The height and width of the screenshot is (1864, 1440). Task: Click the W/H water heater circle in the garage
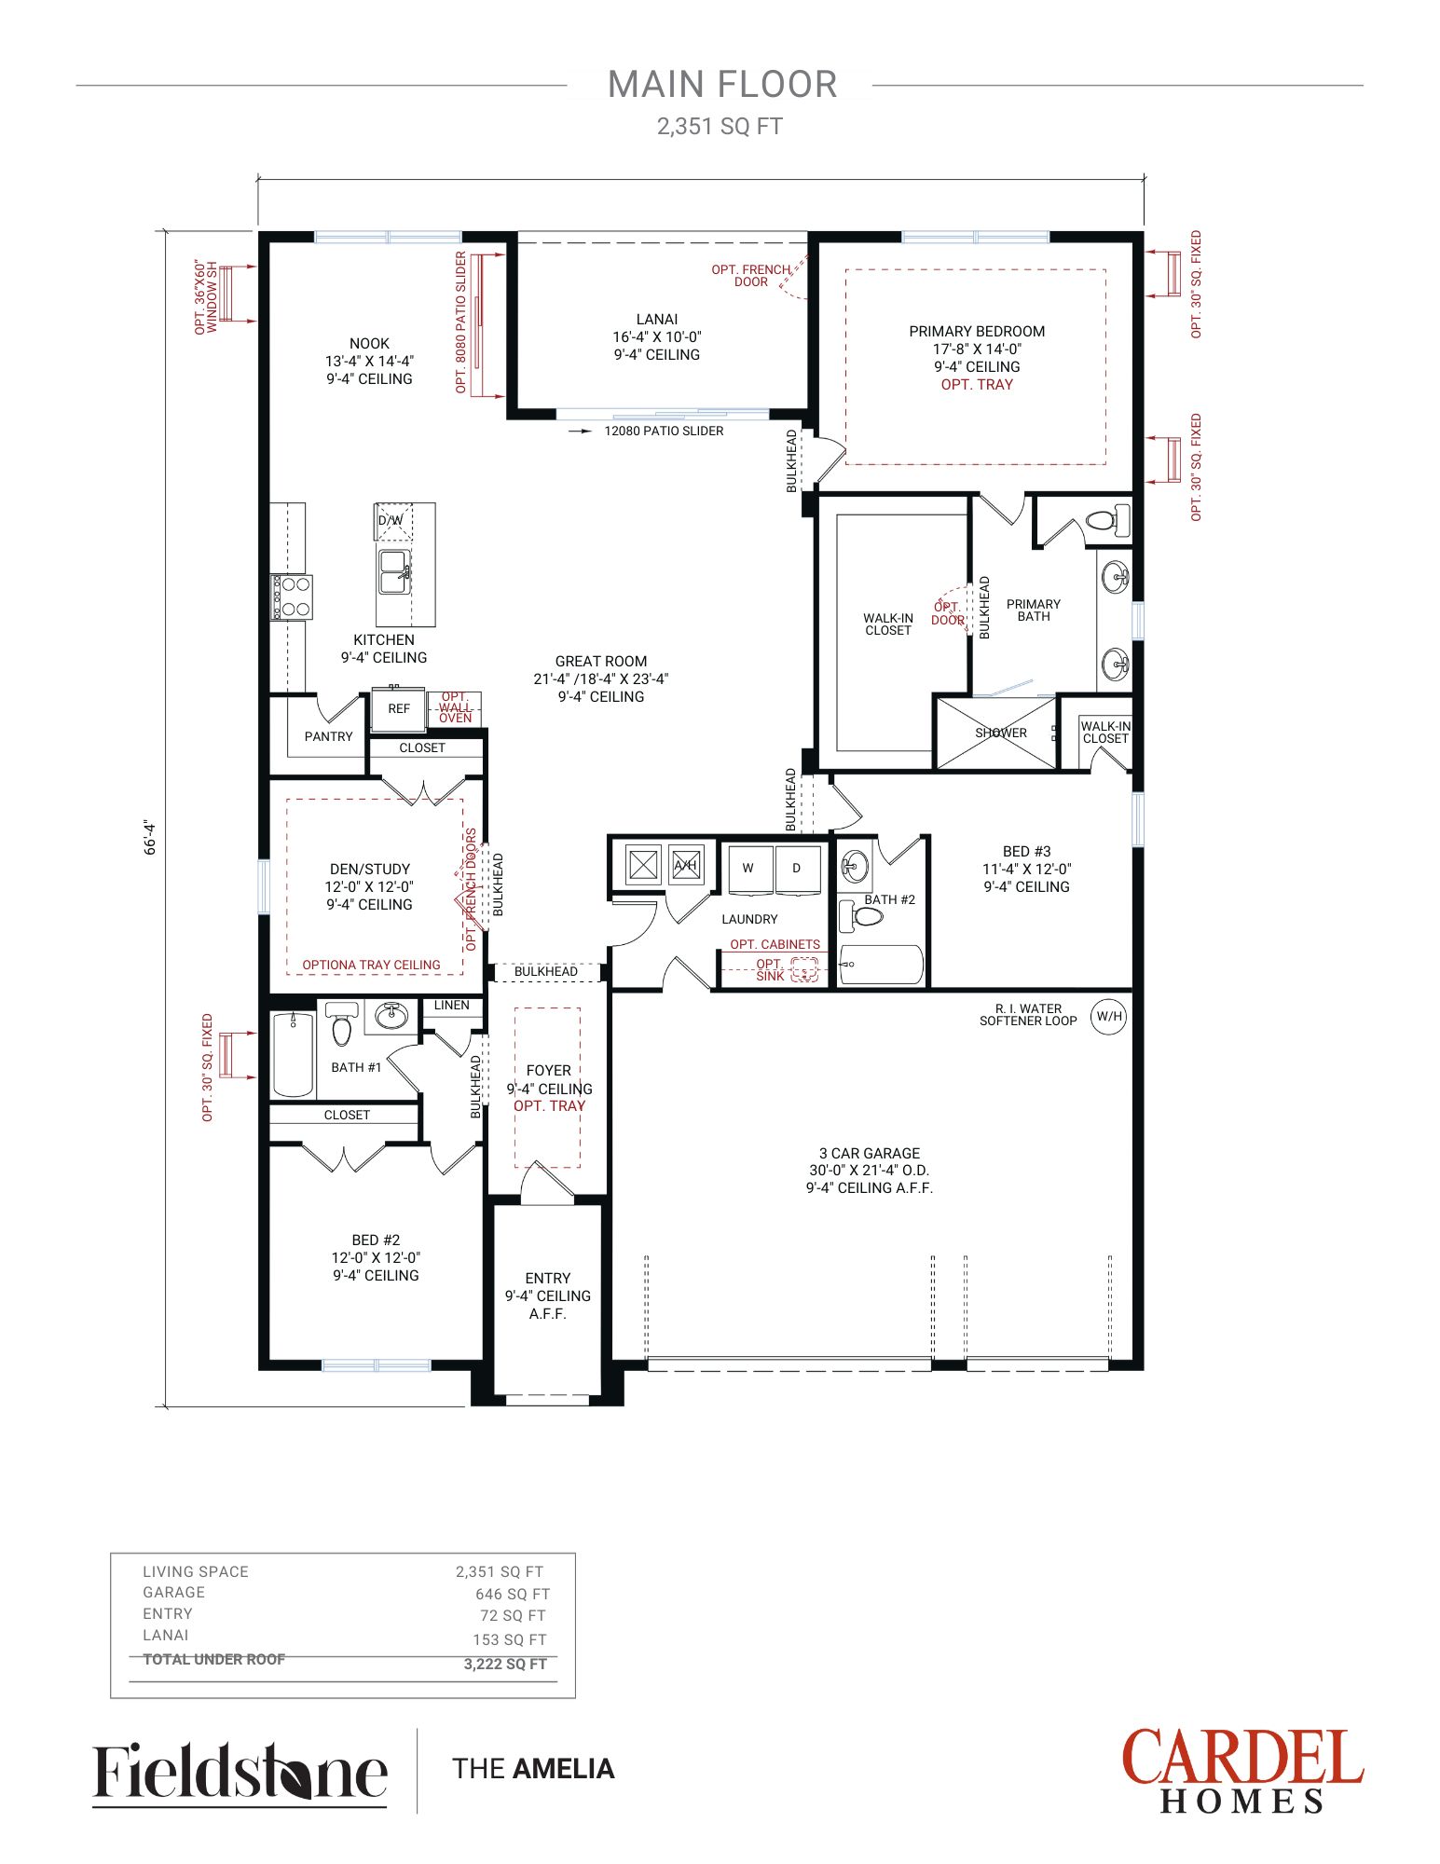(1108, 1016)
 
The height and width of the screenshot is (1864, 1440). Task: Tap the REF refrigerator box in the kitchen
(399, 709)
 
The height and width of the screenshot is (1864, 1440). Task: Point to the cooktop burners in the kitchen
(292, 597)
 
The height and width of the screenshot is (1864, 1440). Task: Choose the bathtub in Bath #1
(293, 1054)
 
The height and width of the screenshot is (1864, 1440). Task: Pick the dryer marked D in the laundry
(798, 870)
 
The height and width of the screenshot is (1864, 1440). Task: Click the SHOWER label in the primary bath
(1001, 733)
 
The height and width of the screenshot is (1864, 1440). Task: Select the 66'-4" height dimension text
(150, 837)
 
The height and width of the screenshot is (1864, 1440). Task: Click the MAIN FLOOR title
(722, 85)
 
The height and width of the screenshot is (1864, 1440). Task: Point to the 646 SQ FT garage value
(513, 1594)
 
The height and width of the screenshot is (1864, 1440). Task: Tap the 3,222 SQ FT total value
(505, 1664)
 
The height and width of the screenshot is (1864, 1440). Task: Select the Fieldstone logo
(240, 1772)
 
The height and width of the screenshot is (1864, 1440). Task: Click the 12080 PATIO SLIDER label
(664, 431)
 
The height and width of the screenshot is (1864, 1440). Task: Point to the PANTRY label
(328, 736)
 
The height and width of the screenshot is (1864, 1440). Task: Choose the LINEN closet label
(451, 1005)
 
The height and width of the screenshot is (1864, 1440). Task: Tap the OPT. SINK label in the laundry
(771, 970)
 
